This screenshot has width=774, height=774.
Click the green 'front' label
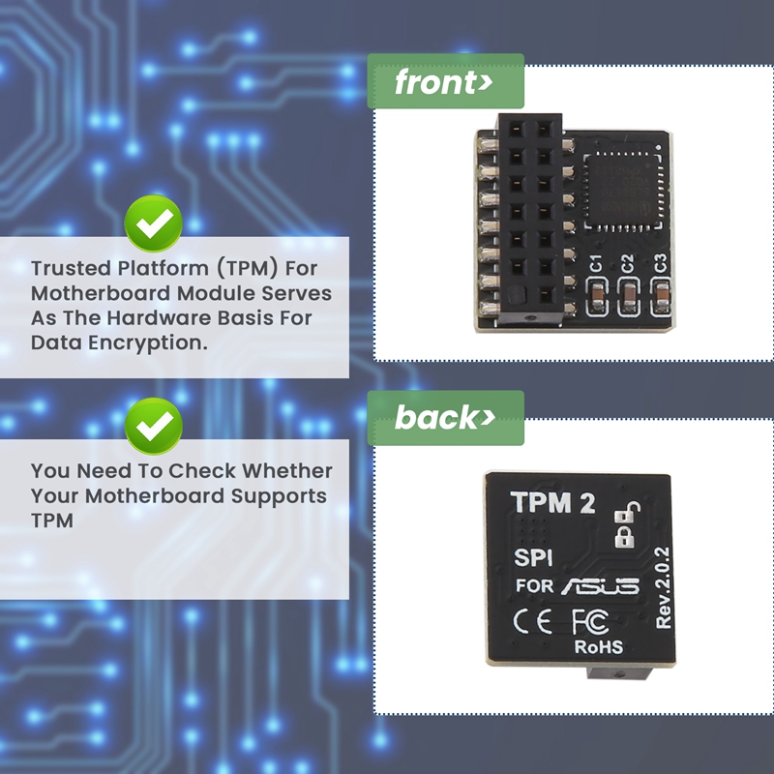444,82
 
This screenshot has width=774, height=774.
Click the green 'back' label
444,418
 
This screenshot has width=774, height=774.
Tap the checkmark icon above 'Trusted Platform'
153,224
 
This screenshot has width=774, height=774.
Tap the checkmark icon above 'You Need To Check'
153,425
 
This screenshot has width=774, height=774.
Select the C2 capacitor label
628,262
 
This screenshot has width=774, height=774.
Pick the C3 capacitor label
661,262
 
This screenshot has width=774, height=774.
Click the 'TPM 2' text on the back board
552,503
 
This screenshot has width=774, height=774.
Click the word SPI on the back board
533,558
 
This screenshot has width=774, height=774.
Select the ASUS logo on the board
599,585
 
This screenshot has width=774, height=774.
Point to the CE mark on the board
533,620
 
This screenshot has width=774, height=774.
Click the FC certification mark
590,620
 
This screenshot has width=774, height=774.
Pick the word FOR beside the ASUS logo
535,585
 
